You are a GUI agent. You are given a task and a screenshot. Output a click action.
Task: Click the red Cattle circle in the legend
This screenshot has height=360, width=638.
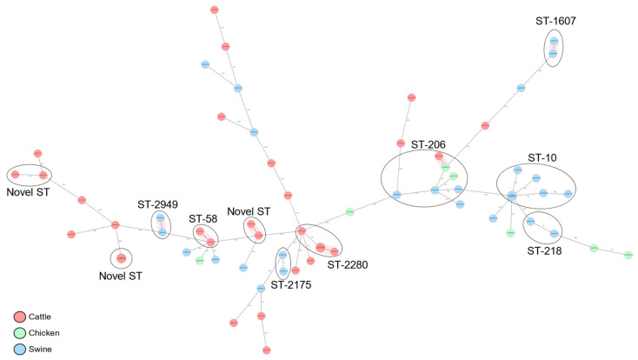tap(19, 317)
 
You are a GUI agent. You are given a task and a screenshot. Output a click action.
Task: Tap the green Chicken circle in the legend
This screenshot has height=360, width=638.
tap(19, 333)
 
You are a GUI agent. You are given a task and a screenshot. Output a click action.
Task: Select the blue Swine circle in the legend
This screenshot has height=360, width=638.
tap(19, 349)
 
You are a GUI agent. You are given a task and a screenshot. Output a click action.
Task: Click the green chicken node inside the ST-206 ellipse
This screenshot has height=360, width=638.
tap(445, 168)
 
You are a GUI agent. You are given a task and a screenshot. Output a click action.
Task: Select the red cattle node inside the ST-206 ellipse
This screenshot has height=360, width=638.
tap(440, 157)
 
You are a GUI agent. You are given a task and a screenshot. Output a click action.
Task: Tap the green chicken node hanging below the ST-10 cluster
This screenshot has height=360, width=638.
tap(511, 232)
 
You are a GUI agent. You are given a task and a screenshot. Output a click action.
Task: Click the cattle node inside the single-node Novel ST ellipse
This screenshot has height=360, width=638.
tap(122, 258)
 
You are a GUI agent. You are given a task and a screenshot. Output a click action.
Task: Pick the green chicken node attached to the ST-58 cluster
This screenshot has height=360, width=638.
tap(200, 260)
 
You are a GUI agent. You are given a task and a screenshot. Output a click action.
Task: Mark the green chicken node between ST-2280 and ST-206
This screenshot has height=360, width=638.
tap(349, 211)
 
